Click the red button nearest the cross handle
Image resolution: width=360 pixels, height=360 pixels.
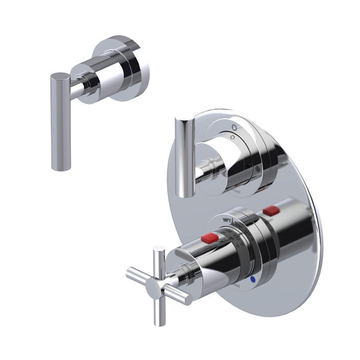tap(209, 239)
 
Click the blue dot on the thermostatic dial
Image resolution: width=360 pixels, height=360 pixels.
tap(252, 281)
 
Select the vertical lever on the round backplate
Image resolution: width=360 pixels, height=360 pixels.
tap(185, 156)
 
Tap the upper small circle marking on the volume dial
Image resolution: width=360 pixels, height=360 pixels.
tap(234, 128)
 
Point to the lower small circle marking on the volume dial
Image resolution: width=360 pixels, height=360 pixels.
tap(231, 137)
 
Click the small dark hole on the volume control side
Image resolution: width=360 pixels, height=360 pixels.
tap(249, 165)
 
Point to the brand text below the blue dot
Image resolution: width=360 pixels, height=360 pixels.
tap(236, 286)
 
